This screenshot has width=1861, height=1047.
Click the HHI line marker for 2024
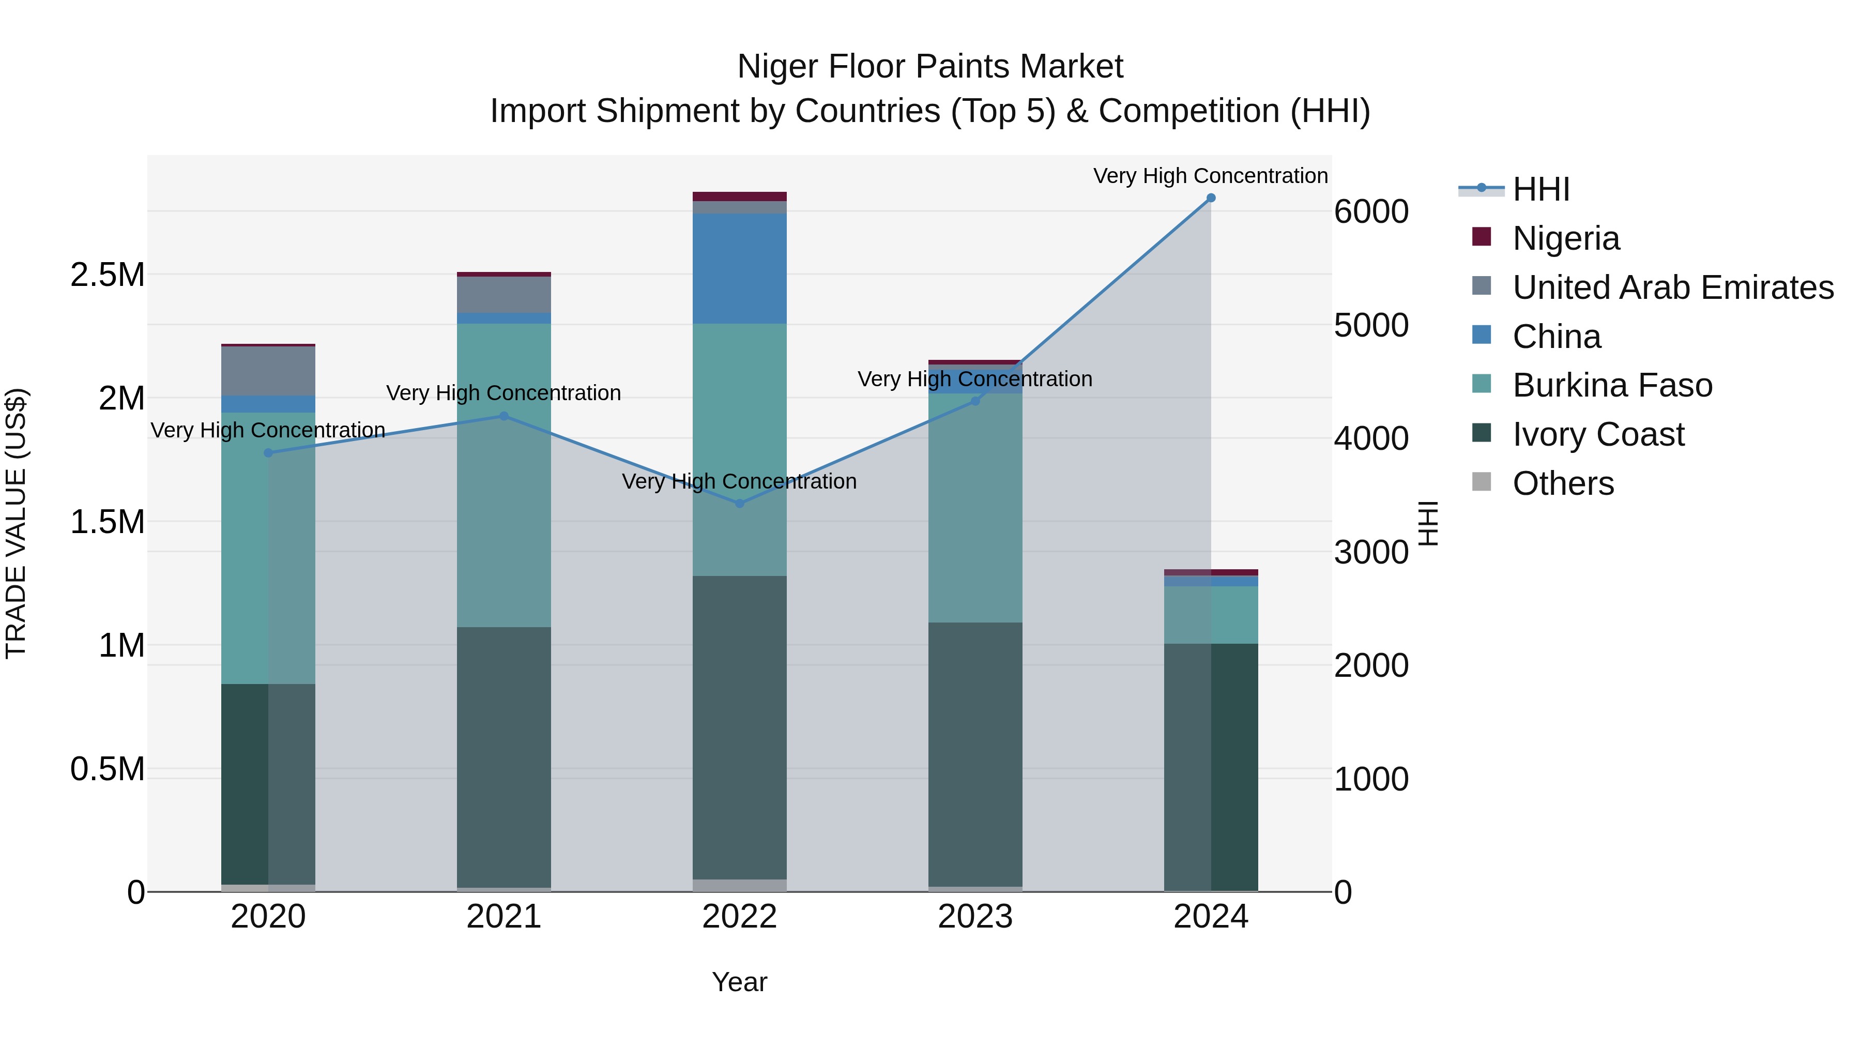(x=1211, y=198)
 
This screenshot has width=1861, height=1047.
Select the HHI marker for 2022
(x=739, y=504)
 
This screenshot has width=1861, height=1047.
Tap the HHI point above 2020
(x=268, y=453)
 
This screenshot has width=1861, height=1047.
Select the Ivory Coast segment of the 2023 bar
(x=974, y=754)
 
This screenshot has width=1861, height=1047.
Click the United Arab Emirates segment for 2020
(x=268, y=371)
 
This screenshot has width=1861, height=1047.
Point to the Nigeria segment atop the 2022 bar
(x=739, y=196)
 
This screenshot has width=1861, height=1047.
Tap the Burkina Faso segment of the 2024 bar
(x=1211, y=615)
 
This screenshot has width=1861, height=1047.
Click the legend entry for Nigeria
(x=1565, y=238)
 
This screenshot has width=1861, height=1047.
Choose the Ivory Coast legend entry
(x=1598, y=434)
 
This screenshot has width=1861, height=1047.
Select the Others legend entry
(x=1563, y=483)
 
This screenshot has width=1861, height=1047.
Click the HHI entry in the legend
(x=1540, y=189)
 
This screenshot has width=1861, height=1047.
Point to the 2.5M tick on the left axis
(x=108, y=275)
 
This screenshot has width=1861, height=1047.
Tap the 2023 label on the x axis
(x=974, y=917)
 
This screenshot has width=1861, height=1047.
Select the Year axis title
(x=739, y=982)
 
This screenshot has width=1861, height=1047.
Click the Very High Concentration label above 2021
(x=504, y=393)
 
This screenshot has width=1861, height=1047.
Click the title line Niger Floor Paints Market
(x=930, y=67)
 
